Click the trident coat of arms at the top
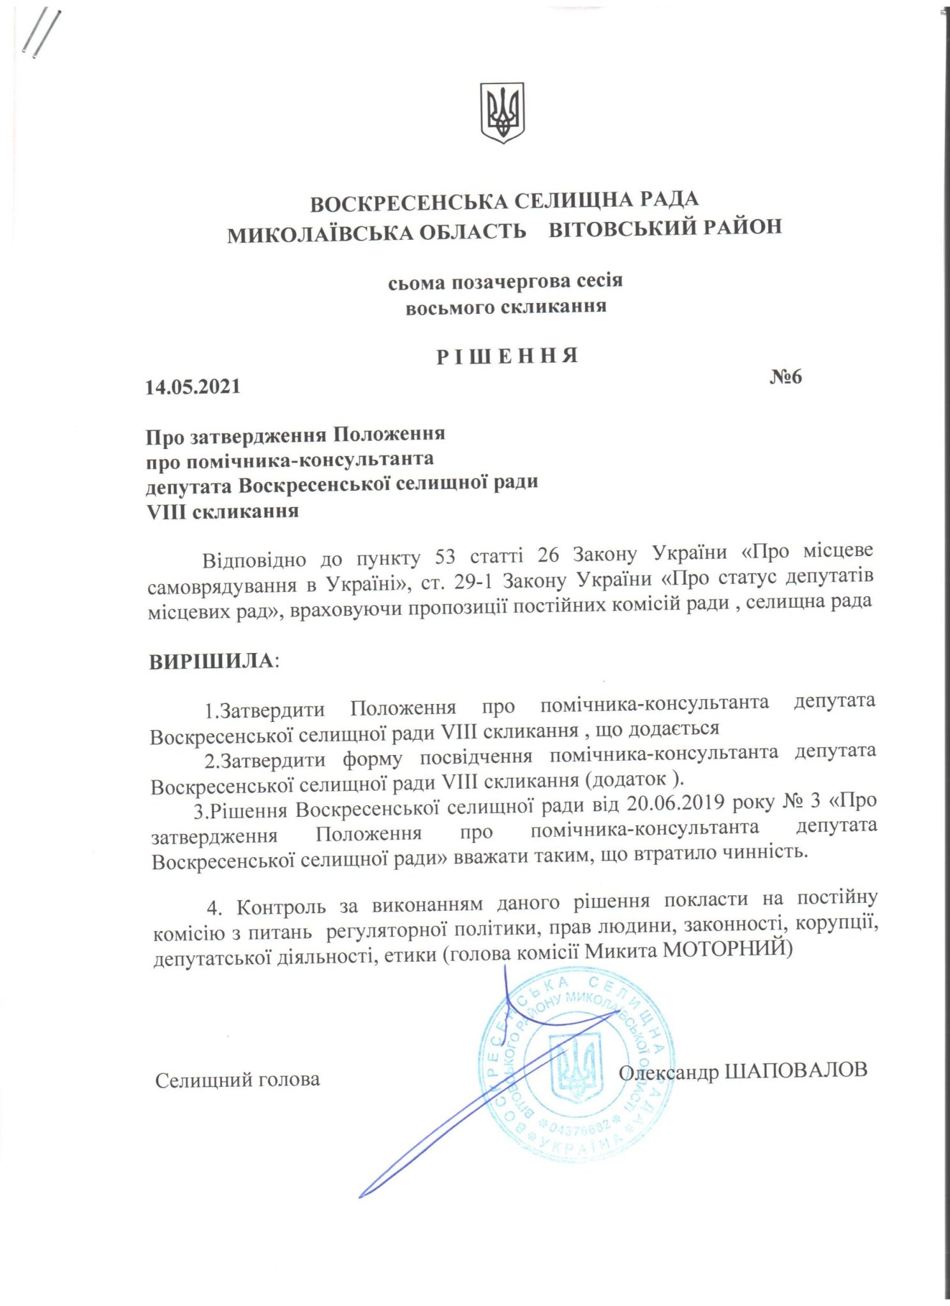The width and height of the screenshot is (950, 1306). pyautogui.click(x=503, y=112)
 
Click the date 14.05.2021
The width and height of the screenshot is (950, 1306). pyautogui.click(x=193, y=387)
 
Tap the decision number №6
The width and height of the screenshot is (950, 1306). pyautogui.click(x=785, y=377)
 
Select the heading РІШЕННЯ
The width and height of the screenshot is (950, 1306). pyautogui.click(x=507, y=356)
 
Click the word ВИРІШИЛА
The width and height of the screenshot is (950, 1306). pyautogui.click(x=212, y=661)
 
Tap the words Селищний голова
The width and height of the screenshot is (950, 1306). pyautogui.click(x=237, y=1080)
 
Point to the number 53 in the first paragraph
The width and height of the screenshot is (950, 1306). pyautogui.click(x=445, y=556)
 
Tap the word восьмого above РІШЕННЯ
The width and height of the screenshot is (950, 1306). pyautogui.click(x=450, y=308)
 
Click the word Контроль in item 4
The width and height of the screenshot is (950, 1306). pyautogui.click(x=281, y=906)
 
